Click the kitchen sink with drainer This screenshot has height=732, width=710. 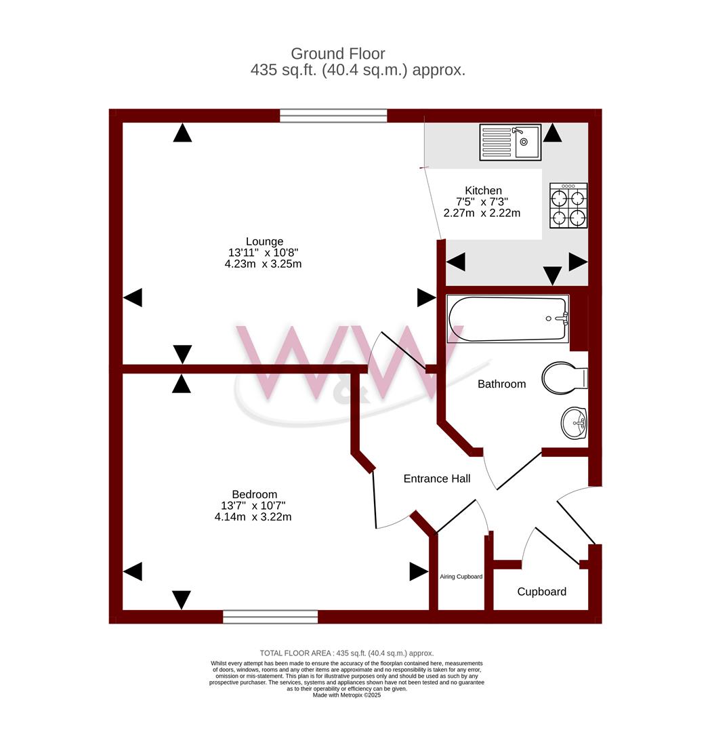(510, 142)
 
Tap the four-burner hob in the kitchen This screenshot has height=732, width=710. (568, 205)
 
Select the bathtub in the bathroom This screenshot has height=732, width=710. (507, 319)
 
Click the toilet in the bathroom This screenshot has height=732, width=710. (564, 378)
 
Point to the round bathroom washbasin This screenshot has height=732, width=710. (574, 424)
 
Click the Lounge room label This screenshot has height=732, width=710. (264, 241)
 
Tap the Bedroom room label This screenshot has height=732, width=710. (254, 494)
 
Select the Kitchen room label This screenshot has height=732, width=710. (483, 190)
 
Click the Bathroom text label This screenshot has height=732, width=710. (501, 384)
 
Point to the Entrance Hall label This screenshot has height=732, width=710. (436, 479)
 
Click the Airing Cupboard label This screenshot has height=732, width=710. (461, 577)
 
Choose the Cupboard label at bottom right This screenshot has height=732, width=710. (541, 592)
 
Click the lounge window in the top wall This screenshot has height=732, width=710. (333, 116)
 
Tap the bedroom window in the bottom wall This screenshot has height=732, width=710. (270, 617)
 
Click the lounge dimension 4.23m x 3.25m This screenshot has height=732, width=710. (263, 264)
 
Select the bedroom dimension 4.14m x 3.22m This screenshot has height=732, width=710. (253, 516)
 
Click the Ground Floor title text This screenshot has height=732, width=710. (338, 54)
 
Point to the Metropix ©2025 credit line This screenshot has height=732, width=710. (347, 695)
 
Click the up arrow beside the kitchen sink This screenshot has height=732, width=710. (552, 133)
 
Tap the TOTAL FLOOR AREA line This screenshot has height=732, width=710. (347, 653)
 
